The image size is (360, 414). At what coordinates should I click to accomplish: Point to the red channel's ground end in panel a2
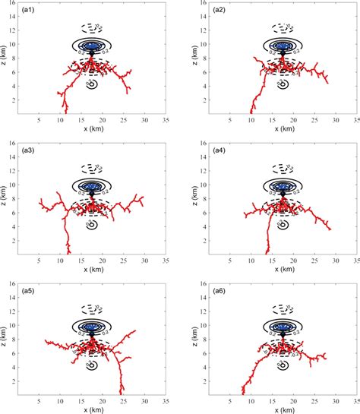click(250, 113)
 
